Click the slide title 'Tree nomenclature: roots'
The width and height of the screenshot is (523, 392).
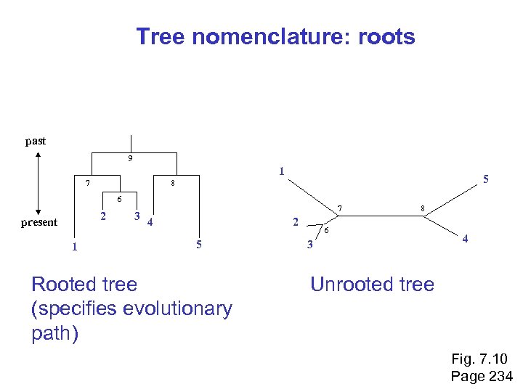coord(275,37)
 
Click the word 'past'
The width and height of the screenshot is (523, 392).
coord(36,141)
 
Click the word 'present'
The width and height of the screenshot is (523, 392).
coord(39,222)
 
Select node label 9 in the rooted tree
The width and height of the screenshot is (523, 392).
coord(130,159)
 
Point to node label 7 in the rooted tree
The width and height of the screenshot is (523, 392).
coord(87,183)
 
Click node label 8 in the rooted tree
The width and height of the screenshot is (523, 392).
coord(172,183)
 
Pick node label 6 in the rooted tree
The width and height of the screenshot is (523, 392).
coord(120,199)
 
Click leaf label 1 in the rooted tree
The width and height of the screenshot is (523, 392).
coord(73,247)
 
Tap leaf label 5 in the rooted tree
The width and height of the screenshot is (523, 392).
coord(199,244)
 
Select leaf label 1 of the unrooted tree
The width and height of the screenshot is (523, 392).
coord(281,172)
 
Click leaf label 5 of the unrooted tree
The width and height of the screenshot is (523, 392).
coord(486,179)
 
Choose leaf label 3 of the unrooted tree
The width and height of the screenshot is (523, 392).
coord(309,245)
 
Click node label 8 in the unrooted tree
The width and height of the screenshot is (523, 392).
coord(422,209)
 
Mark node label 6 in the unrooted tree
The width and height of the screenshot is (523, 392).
coord(327,230)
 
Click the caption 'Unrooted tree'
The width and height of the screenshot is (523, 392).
coord(372,285)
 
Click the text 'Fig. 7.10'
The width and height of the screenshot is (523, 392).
coord(479,359)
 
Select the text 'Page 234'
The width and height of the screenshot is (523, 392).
coord(482,376)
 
